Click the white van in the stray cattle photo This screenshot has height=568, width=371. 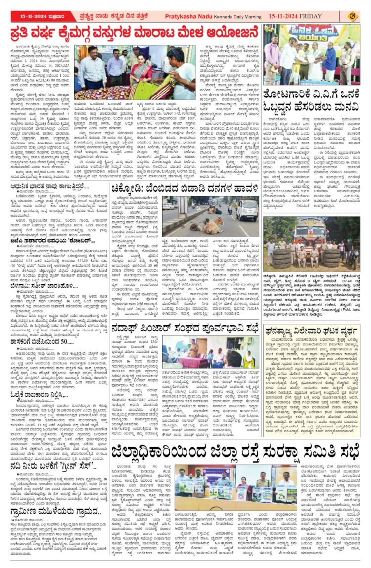246,209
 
